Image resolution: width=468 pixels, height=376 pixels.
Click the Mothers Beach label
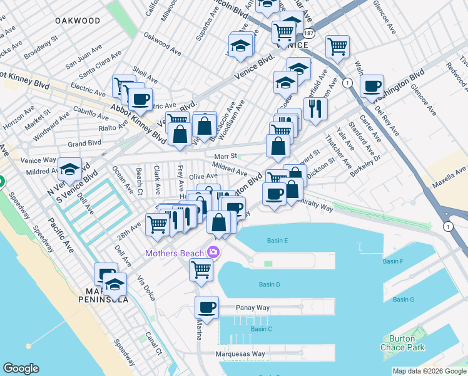[x=174, y=253]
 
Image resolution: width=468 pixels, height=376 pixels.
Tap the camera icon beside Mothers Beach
[x=213, y=253]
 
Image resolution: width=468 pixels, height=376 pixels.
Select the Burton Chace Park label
[x=397, y=343]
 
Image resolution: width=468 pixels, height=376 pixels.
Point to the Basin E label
[x=277, y=241]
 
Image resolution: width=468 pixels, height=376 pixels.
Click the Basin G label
[x=404, y=300]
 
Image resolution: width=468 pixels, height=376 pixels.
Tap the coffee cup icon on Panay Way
[x=206, y=308]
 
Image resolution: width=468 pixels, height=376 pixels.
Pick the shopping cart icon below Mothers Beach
[x=201, y=269]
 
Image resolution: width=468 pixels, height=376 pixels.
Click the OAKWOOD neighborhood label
[x=78, y=21]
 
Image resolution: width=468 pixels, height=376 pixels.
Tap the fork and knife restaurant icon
[x=315, y=108]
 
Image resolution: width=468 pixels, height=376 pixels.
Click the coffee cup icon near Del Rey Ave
[x=372, y=86]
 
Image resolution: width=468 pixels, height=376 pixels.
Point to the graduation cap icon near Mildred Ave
[x=69, y=168]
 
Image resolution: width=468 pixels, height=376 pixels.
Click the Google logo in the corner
[x=21, y=368]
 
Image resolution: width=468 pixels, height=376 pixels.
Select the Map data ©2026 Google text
[x=429, y=372]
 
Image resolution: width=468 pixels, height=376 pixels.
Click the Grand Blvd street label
[x=84, y=144]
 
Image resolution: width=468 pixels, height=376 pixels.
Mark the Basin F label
[x=392, y=261]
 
